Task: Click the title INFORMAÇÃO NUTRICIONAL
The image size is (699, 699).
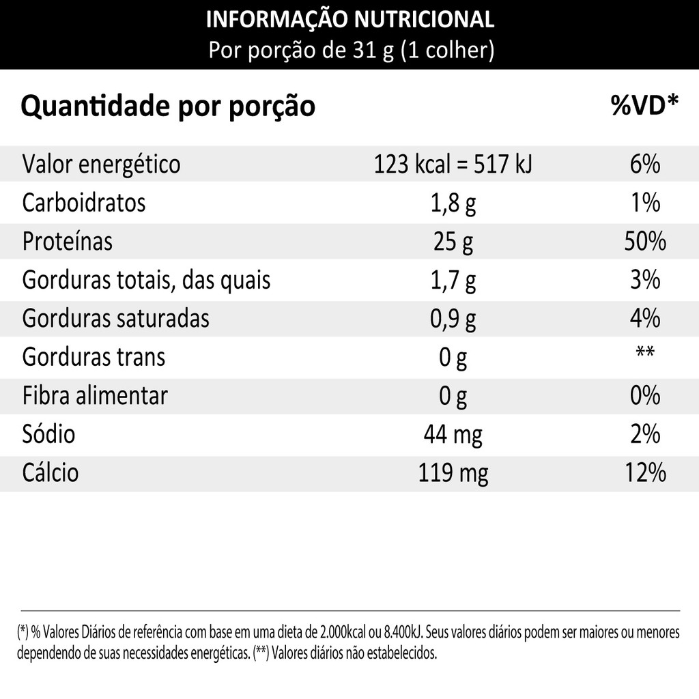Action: tap(349, 19)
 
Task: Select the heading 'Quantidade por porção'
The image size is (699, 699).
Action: tap(169, 106)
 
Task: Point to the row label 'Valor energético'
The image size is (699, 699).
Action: tap(102, 165)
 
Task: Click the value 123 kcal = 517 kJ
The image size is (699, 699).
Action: tap(453, 165)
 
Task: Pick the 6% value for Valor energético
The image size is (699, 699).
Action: tap(644, 165)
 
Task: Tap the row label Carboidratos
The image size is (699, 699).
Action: tap(84, 203)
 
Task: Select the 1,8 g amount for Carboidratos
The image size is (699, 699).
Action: tap(453, 203)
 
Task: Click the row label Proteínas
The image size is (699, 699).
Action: tap(68, 242)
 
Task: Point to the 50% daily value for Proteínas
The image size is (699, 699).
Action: tap(644, 242)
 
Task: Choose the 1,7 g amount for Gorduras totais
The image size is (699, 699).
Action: tap(453, 280)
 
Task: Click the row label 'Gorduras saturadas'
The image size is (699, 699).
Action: tap(116, 319)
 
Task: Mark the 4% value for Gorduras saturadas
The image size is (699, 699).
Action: tap(644, 319)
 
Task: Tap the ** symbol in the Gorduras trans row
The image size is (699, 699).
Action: tap(644, 353)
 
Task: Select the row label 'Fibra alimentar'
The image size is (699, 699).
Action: tap(95, 396)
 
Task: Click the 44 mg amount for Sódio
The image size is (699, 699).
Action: tap(453, 434)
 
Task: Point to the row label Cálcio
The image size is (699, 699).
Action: tap(51, 472)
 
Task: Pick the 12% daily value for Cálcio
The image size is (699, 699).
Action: tap(644, 472)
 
